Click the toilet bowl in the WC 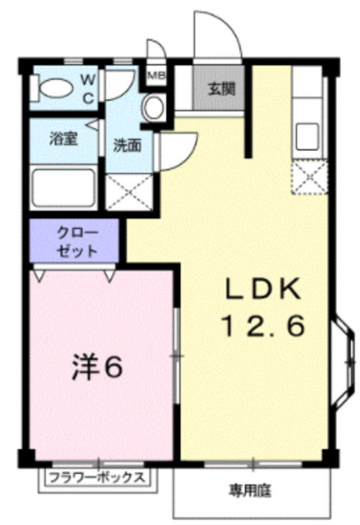56,89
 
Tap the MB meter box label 157,75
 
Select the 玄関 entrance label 222,89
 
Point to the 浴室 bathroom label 64,139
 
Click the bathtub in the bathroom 64,189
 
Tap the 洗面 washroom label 127,145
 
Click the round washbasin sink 153,107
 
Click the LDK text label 263,289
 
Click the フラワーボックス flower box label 97,477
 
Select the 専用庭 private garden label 250,491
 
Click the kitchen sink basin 308,137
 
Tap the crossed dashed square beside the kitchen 309,177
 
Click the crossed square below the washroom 130,192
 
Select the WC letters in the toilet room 89,89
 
